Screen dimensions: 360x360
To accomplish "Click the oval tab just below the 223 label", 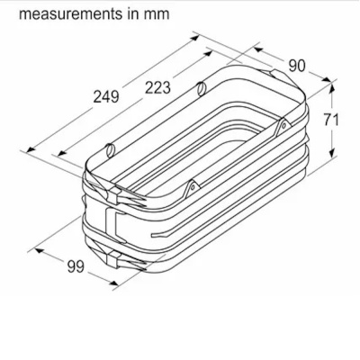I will pyautogui.click(x=200, y=88).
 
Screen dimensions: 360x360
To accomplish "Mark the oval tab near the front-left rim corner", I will pyautogui.click(x=110, y=148).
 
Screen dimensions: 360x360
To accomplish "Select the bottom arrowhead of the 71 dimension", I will pyautogui.click(x=337, y=155).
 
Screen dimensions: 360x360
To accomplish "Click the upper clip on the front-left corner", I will pyautogui.click(x=115, y=192).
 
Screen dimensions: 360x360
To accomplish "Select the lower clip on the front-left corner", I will pyautogui.click(x=117, y=258).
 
